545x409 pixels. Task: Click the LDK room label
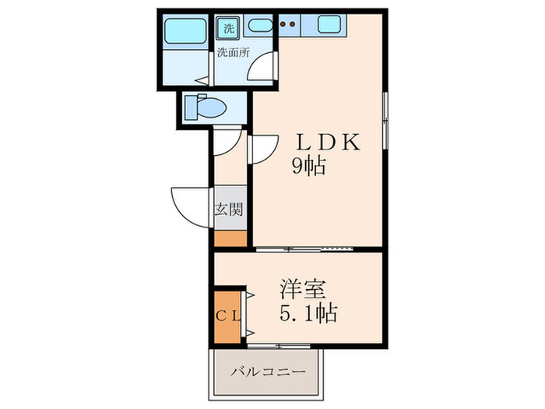(325, 143)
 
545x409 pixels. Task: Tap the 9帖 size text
(308, 165)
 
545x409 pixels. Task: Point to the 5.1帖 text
(308, 314)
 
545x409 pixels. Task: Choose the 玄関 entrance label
(230, 209)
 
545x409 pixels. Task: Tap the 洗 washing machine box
(229, 28)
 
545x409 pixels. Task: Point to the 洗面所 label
(233, 54)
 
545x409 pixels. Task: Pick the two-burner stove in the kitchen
(288, 24)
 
